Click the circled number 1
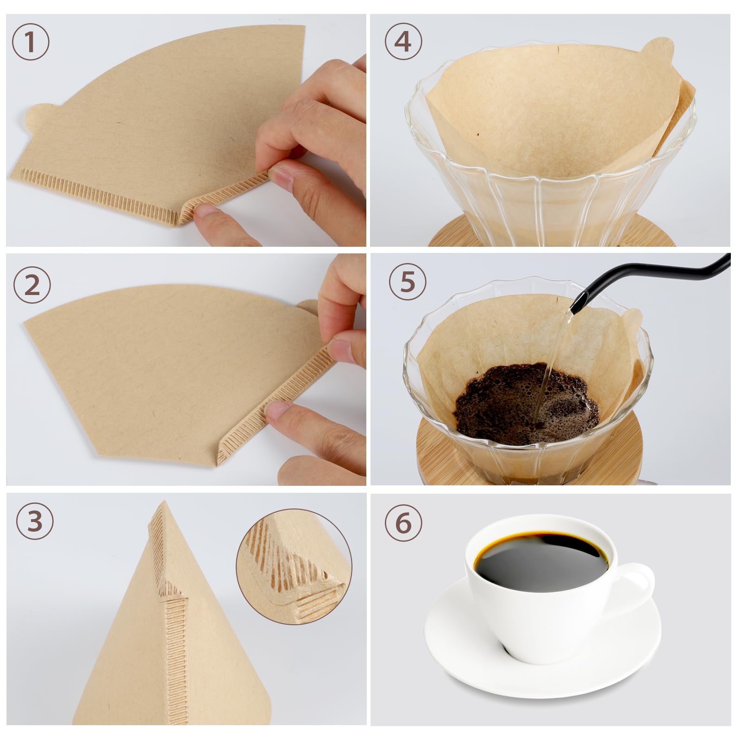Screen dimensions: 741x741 pyautogui.click(x=30, y=42)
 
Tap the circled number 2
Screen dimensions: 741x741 pyautogui.click(x=31, y=285)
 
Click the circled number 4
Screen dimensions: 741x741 pyautogui.click(x=403, y=42)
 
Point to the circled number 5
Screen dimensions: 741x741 pyautogui.click(x=407, y=282)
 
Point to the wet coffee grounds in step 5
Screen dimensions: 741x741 pyautogui.click(x=509, y=408)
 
